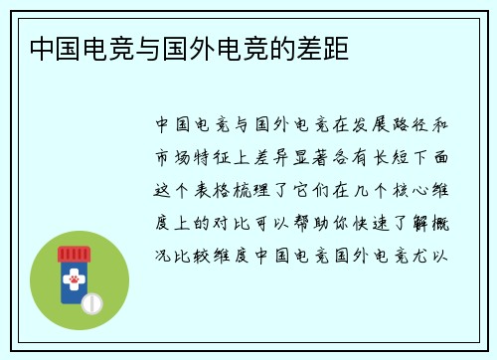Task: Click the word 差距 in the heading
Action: click(x=325, y=47)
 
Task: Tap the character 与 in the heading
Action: click(x=144, y=47)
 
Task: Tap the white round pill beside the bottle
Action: click(x=91, y=301)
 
